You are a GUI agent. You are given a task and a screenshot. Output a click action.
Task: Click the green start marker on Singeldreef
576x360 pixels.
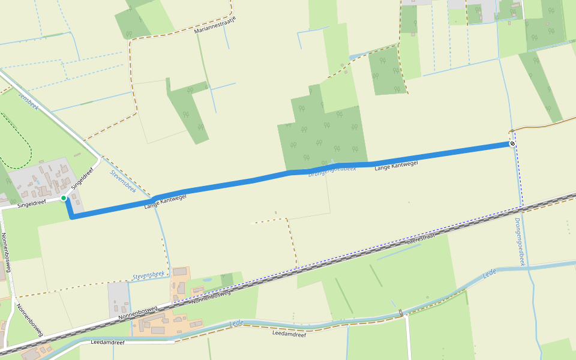[x=63, y=198]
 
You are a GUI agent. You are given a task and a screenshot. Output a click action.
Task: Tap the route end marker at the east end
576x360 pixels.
[x=512, y=144]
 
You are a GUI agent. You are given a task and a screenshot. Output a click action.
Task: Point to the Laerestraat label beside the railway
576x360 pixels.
[x=419, y=238]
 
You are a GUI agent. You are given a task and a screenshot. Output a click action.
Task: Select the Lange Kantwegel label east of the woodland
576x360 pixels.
[x=395, y=165]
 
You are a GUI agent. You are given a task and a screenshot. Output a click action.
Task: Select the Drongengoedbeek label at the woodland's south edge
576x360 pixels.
[x=332, y=171]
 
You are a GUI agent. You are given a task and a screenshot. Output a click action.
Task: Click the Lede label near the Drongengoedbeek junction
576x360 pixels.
[x=490, y=274]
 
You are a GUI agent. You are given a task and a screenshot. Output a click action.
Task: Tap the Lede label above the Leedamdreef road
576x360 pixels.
[x=236, y=323]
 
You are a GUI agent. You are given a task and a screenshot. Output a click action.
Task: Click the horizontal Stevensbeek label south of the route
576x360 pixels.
[x=148, y=275]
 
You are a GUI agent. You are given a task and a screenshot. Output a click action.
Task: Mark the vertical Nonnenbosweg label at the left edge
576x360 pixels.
[x=7, y=252]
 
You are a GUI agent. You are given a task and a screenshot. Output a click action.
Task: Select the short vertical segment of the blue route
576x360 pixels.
[x=70, y=209]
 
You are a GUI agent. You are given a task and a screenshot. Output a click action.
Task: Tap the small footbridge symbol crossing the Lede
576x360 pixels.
[x=400, y=313]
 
